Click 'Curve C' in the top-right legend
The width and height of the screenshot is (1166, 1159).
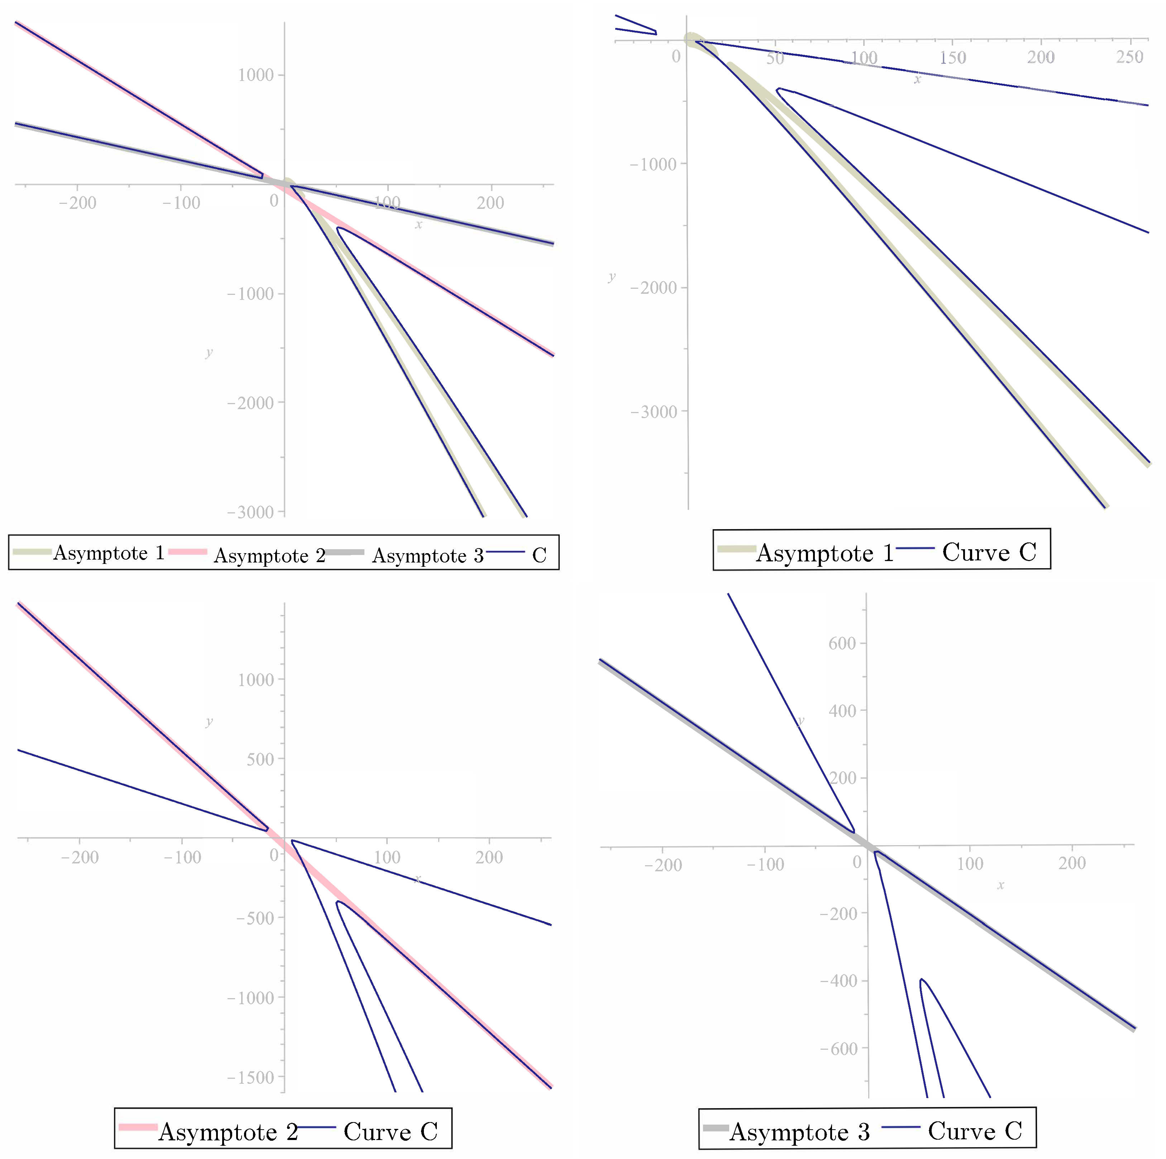(x=989, y=552)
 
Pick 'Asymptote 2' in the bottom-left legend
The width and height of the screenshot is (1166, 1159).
(x=228, y=1132)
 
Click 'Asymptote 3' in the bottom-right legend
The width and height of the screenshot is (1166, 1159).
(x=800, y=1132)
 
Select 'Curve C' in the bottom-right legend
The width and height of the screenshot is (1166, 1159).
(x=975, y=1131)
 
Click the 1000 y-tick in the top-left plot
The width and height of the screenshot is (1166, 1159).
(x=256, y=76)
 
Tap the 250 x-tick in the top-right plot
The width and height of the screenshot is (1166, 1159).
(x=1129, y=57)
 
